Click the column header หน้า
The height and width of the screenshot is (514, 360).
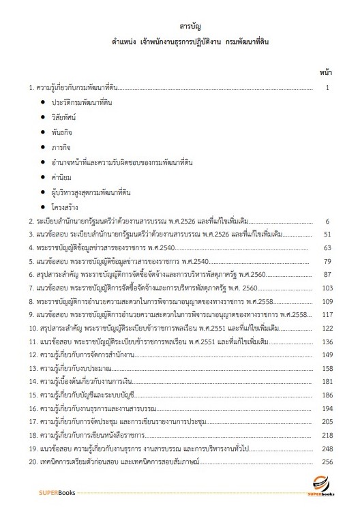tap(325, 72)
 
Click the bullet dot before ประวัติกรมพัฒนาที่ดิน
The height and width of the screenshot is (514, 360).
tap(43, 102)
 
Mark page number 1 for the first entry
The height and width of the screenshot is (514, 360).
tap(328, 88)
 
